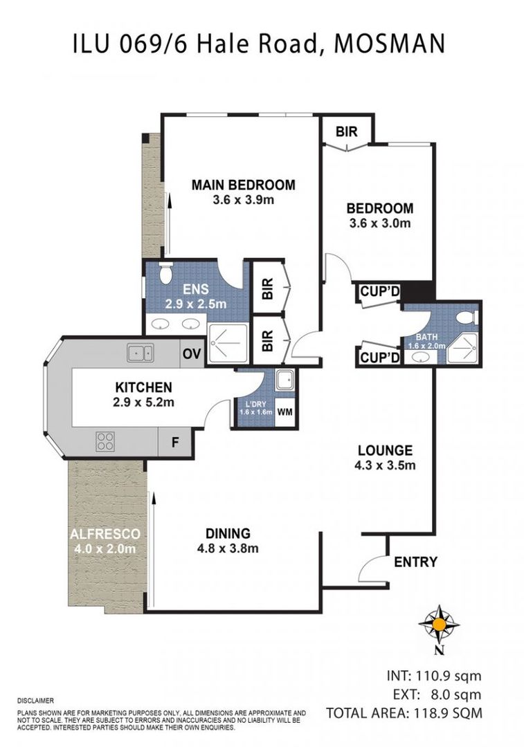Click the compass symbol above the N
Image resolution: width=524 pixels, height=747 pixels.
(438, 624)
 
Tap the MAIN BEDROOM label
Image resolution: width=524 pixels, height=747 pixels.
(243, 185)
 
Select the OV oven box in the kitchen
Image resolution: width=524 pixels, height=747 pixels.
(192, 354)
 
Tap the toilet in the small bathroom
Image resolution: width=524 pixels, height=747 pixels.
(467, 318)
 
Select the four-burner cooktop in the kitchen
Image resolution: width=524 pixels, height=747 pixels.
(106, 441)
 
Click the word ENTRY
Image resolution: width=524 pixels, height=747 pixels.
(415, 562)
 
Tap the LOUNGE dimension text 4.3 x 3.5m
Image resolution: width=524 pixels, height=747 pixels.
(385, 465)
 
